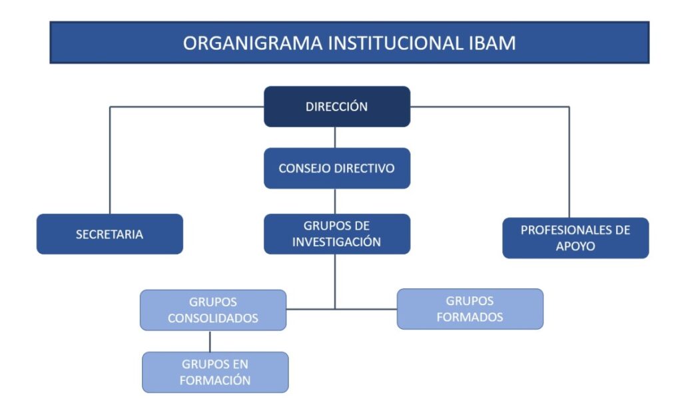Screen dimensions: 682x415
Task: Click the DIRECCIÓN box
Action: (x=337, y=107)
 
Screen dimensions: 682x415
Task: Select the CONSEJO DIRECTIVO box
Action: (x=337, y=169)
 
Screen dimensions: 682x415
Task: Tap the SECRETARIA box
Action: (x=110, y=234)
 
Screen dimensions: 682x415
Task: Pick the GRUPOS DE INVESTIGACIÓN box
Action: (x=337, y=234)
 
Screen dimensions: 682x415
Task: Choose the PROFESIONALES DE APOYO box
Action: (x=575, y=238)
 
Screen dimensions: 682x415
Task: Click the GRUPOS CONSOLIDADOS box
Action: (x=213, y=310)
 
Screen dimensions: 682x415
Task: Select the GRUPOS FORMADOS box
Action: (x=470, y=309)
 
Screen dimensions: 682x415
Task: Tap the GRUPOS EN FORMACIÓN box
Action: (x=215, y=372)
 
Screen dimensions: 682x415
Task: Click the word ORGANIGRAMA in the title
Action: (x=252, y=43)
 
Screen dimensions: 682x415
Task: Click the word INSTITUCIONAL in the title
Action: (x=396, y=43)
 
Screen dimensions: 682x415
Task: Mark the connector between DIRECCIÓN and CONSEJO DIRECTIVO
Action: (x=335, y=137)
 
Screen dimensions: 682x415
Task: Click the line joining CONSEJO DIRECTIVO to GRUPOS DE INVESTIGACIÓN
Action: (x=335, y=201)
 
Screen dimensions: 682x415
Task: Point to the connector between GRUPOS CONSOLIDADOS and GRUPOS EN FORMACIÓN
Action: (x=210, y=342)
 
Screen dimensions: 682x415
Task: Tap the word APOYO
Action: (x=575, y=246)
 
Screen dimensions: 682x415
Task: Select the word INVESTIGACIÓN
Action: (x=336, y=242)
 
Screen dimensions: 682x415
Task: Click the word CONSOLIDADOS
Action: (x=213, y=318)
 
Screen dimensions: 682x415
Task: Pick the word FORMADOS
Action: (x=470, y=317)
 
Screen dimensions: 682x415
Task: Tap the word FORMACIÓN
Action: (x=215, y=380)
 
